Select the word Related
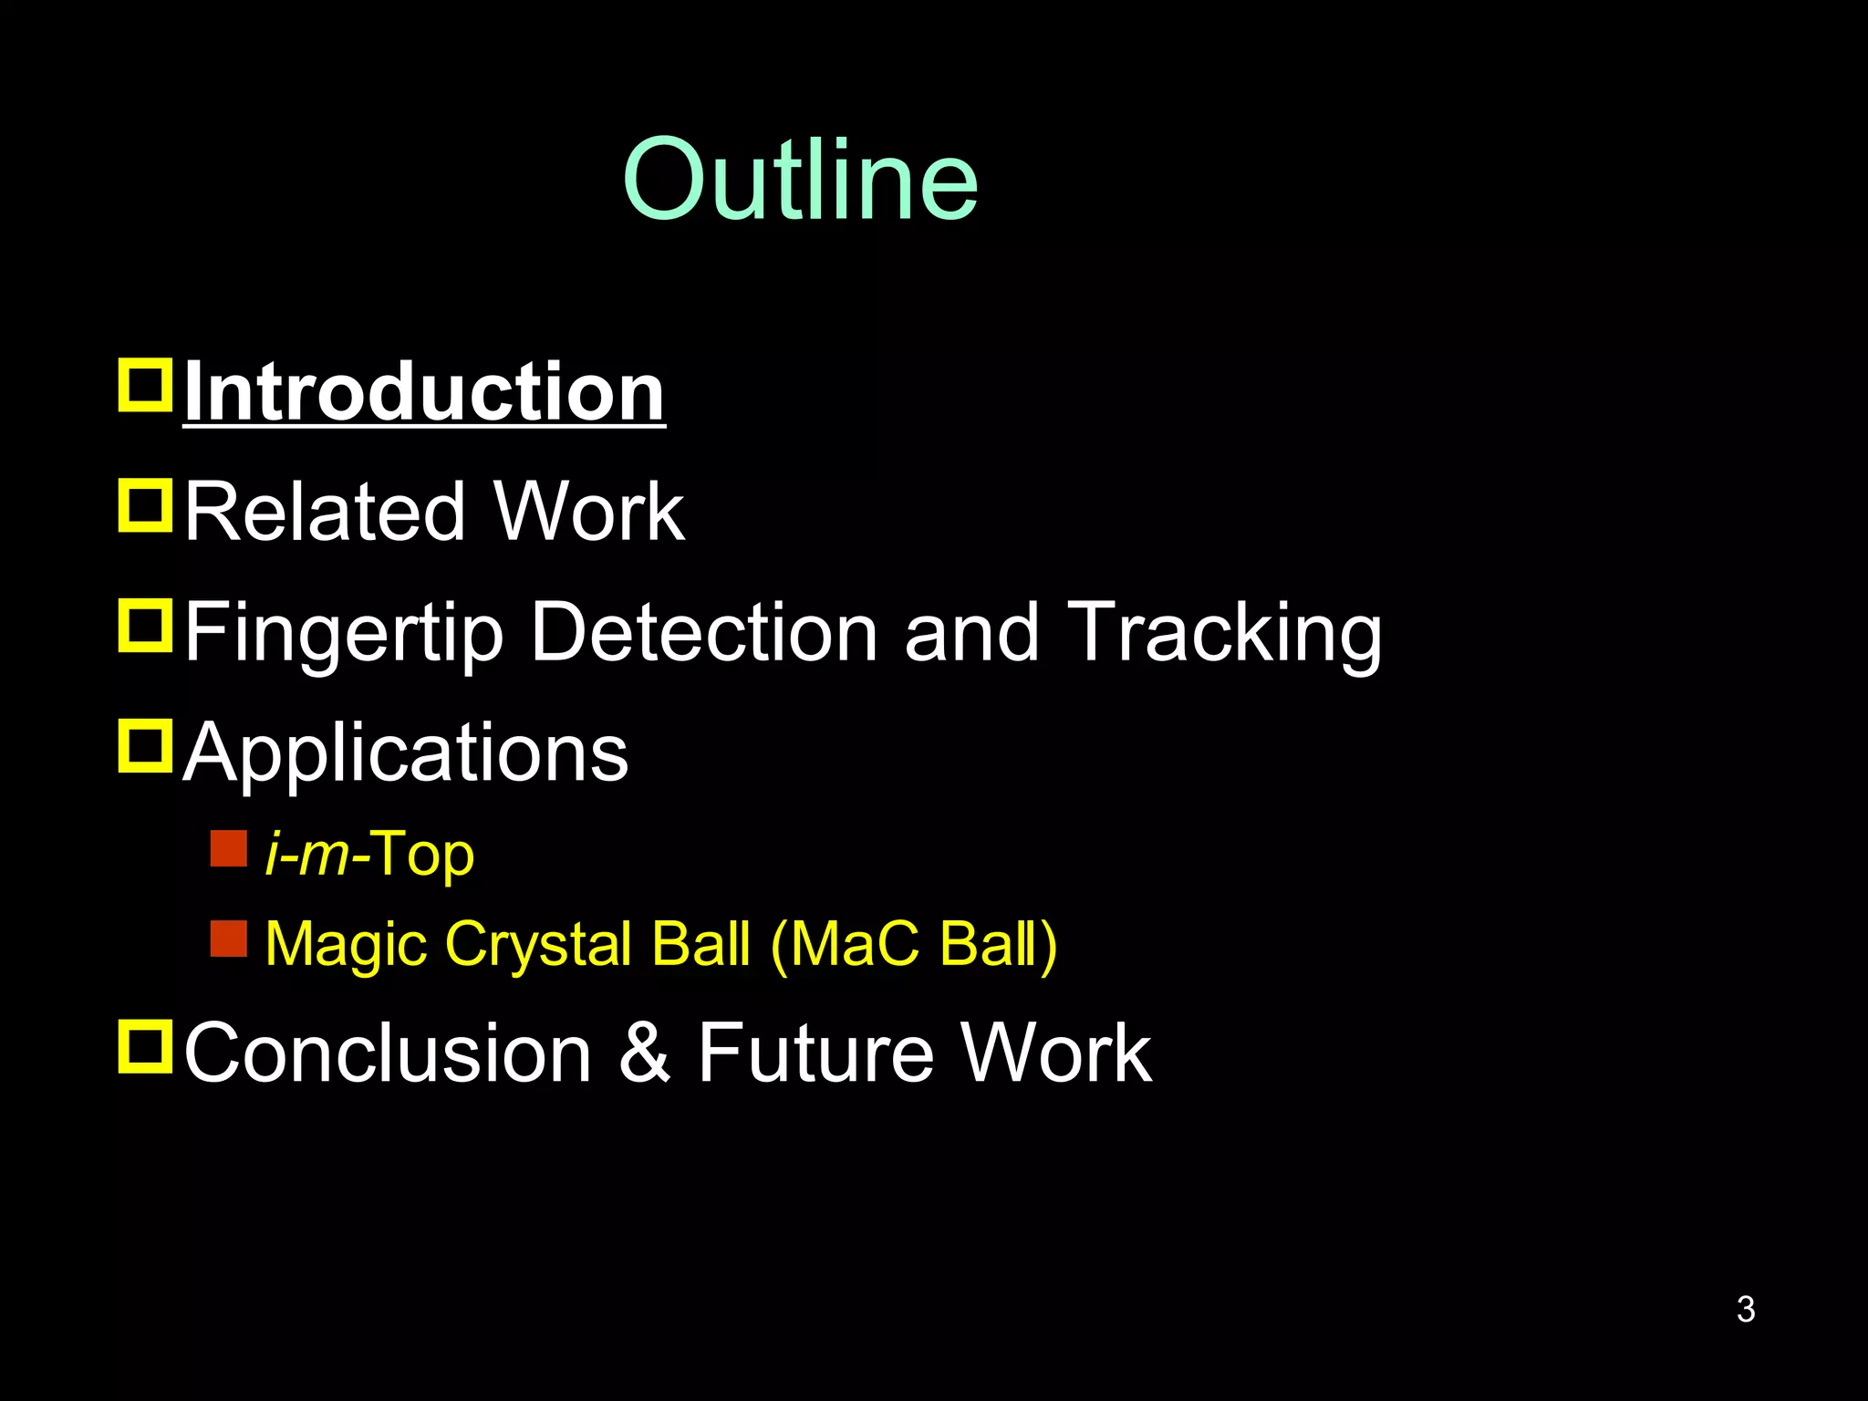(x=324, y=513)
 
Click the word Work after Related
(x=588, y=513)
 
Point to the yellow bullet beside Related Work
(x=145, y=505)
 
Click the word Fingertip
(x=344, y=635)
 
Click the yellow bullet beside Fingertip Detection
(x=145, y=626)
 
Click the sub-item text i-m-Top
(x=369, y=856)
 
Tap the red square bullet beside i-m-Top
(x=228, y=848)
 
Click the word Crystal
(x=539, y=945)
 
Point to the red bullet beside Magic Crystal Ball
(x=228, y=939)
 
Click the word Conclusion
(x=389, y=1053)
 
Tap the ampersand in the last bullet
(x=645, y=1053)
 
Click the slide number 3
(x=1745, y=1309)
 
